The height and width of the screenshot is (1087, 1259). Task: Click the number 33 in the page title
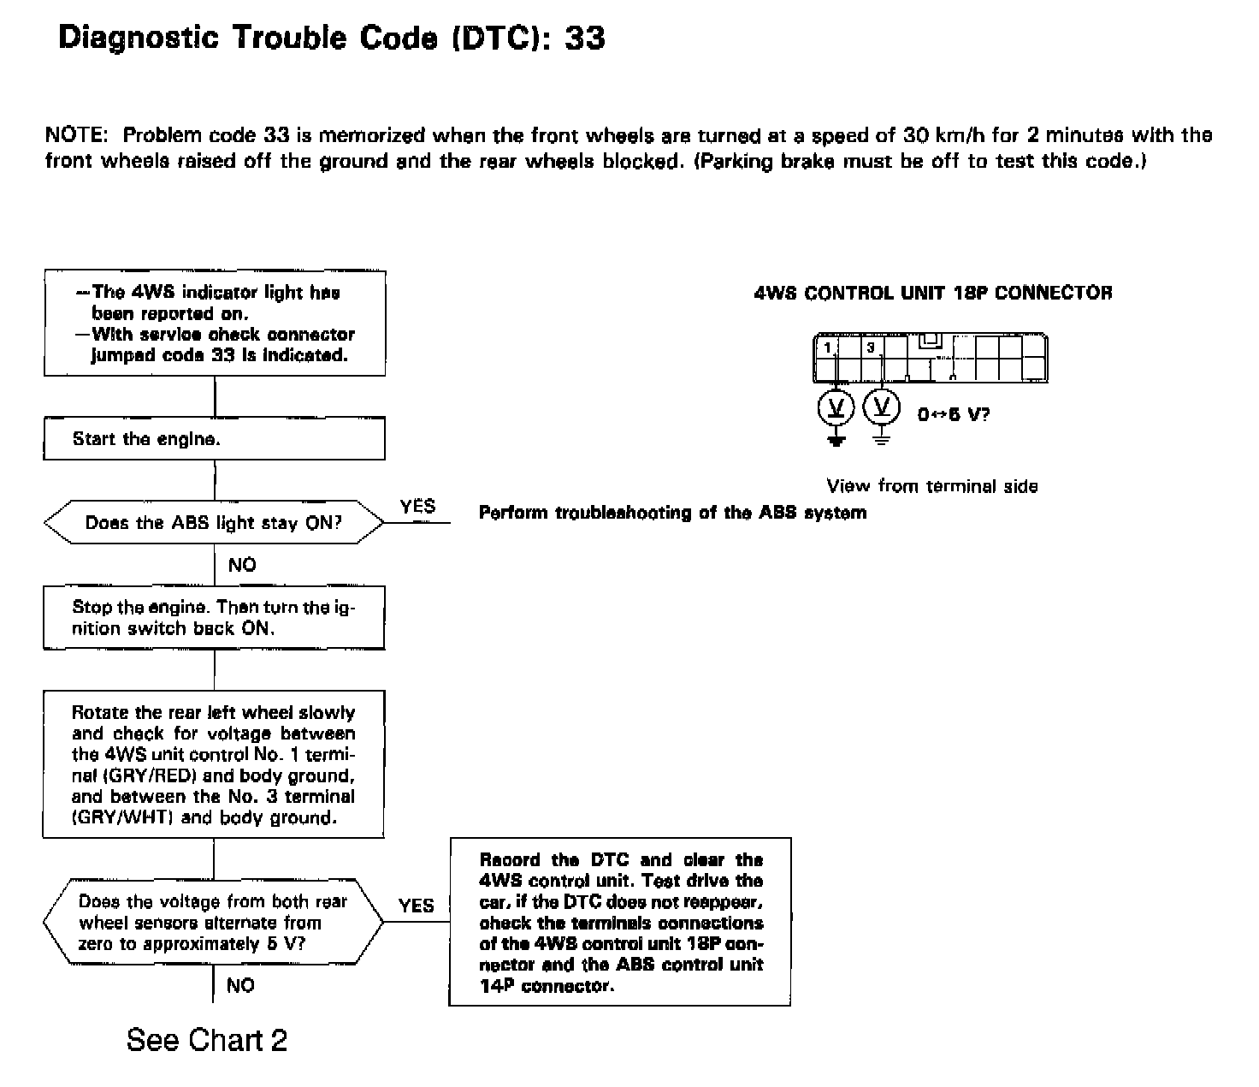[585, 39]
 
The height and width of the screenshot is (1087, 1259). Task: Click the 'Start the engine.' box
[214, 439]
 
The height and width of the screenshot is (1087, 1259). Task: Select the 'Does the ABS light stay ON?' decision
[214, 523]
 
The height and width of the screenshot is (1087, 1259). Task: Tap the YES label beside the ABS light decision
[417, 507]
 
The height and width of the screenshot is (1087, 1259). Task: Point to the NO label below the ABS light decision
[242, 565]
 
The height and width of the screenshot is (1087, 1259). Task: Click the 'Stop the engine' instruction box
[214, 617]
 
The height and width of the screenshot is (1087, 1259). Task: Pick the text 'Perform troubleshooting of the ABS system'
[672, 513]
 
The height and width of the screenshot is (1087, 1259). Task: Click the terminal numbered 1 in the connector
[827, 347]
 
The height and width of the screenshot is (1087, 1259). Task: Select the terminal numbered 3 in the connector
[871, 347]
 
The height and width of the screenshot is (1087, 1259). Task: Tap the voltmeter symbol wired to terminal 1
[837, 407]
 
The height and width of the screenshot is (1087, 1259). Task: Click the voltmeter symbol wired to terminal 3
[882, 407]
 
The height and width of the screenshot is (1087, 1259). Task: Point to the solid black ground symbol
[837, 440]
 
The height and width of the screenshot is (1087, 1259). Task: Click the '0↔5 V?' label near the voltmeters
[953, 415]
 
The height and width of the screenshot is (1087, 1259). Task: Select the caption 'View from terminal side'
[932, 486]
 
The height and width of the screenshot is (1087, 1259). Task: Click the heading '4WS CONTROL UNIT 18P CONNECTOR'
[933, 293]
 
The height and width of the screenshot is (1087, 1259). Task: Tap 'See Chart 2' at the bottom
[207, 1040]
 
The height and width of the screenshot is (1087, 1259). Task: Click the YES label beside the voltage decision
[417, 906]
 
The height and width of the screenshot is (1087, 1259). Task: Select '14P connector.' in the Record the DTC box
[547, 986]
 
